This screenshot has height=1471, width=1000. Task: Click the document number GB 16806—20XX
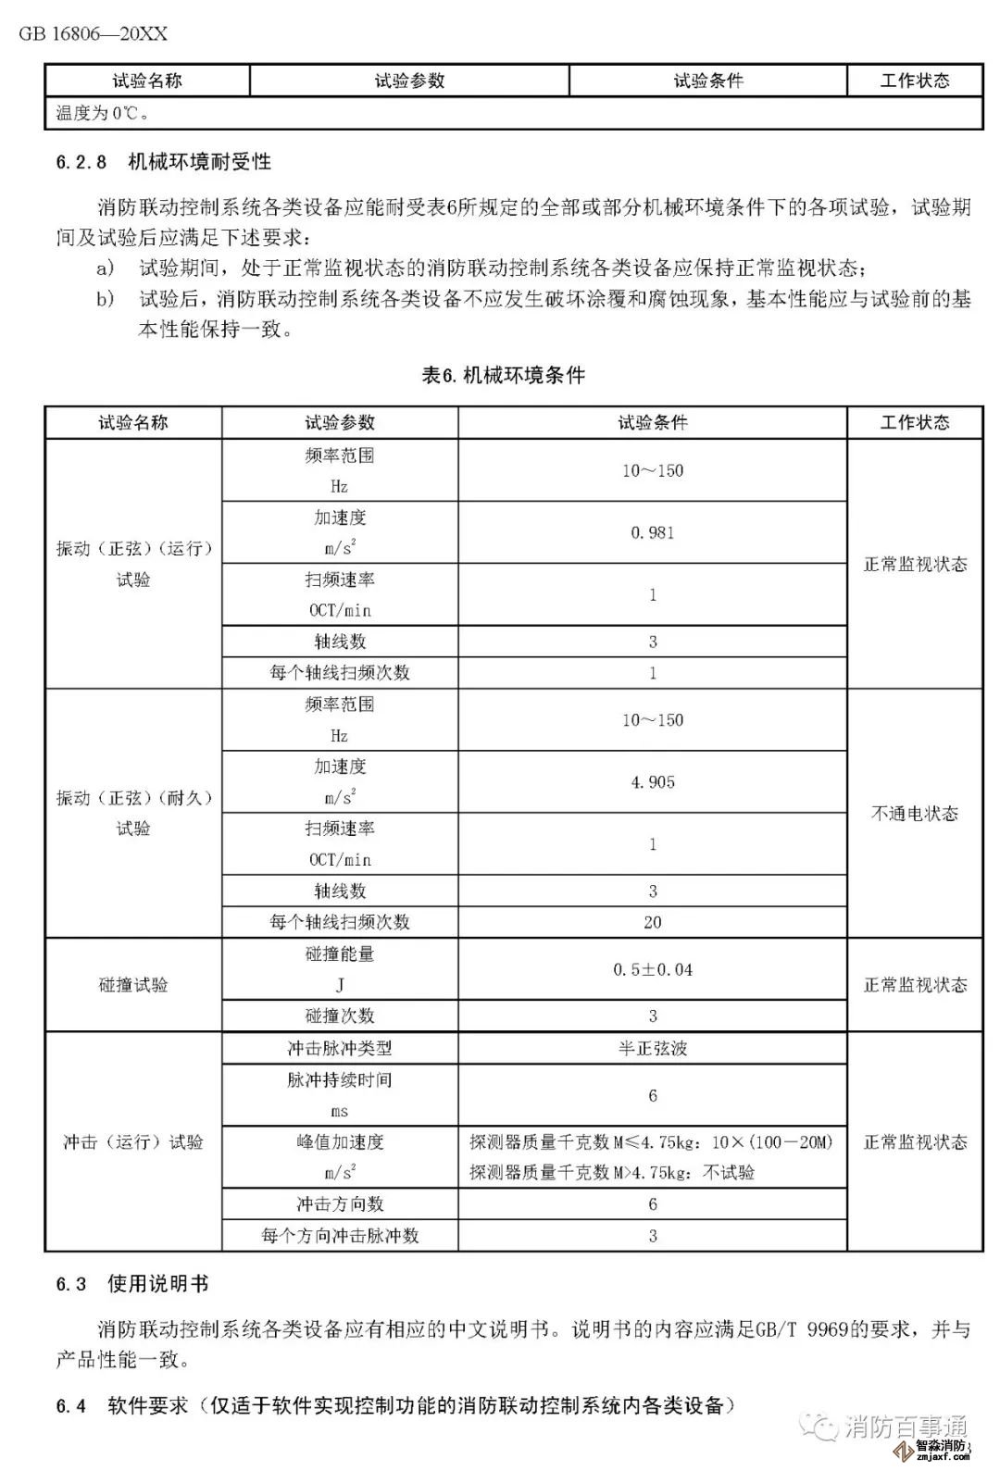pyautogui.click(x=93, y=34)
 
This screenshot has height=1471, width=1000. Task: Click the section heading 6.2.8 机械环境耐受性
pyautogui.click(x=163, y=162)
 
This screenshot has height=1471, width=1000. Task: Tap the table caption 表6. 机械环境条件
pyautogui.click(x=503, y=375)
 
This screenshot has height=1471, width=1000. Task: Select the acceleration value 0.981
pyautogui.click(x=652, y=532)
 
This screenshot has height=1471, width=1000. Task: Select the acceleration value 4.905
pyautogui.click(x=652, y=782)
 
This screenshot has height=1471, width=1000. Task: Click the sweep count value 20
pyautogui.click(x=652, y=922)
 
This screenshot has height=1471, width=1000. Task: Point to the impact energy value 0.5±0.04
pyautogui.click(x=652, y=969)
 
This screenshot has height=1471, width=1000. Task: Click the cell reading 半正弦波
pyautogui.click(x=652, y=1049)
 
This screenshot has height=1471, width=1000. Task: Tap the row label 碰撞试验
pyautogui.click(x=133, y=985)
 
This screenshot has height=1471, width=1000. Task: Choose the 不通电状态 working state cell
pyautogui.click(x=914, y=814)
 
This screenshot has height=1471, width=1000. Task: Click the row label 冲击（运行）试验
pyautogui.click(x=133, y=1142)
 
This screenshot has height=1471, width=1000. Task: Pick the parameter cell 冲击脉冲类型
pyautogui.click(x=340, y=1049)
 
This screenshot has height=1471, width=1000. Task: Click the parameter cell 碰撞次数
pyautogui.click(x=340, y=1016)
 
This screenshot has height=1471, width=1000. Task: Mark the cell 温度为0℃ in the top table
pyautogui.click(x=104, y=114)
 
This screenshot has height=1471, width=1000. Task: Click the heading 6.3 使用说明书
pyautogui.click(x=131, y=1284)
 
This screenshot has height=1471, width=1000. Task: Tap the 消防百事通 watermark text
pyautogui.click(x=905, y=1427)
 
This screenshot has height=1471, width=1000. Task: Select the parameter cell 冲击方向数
pyautogui.click(x=340, y=1204)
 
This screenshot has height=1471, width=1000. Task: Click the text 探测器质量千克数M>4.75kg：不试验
pyautogui.click(x=611, y=1173)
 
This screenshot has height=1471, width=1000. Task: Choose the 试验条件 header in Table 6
pyautogui.click(x=652, y=423)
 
